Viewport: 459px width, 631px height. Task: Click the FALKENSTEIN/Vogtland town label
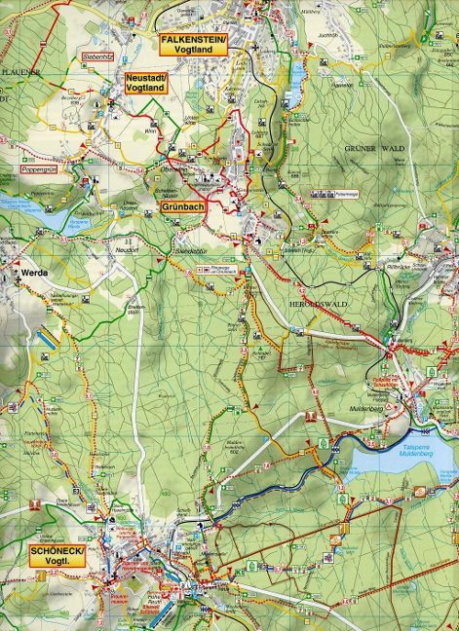click(192, 41)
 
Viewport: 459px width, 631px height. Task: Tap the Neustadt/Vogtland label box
click(147, 84)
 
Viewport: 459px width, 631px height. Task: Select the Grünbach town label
click(182, 206)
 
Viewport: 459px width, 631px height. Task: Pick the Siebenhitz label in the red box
click(99, 57)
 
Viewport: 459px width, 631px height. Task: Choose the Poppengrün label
click(41, 169)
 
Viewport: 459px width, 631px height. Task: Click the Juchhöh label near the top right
click(325, 35)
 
